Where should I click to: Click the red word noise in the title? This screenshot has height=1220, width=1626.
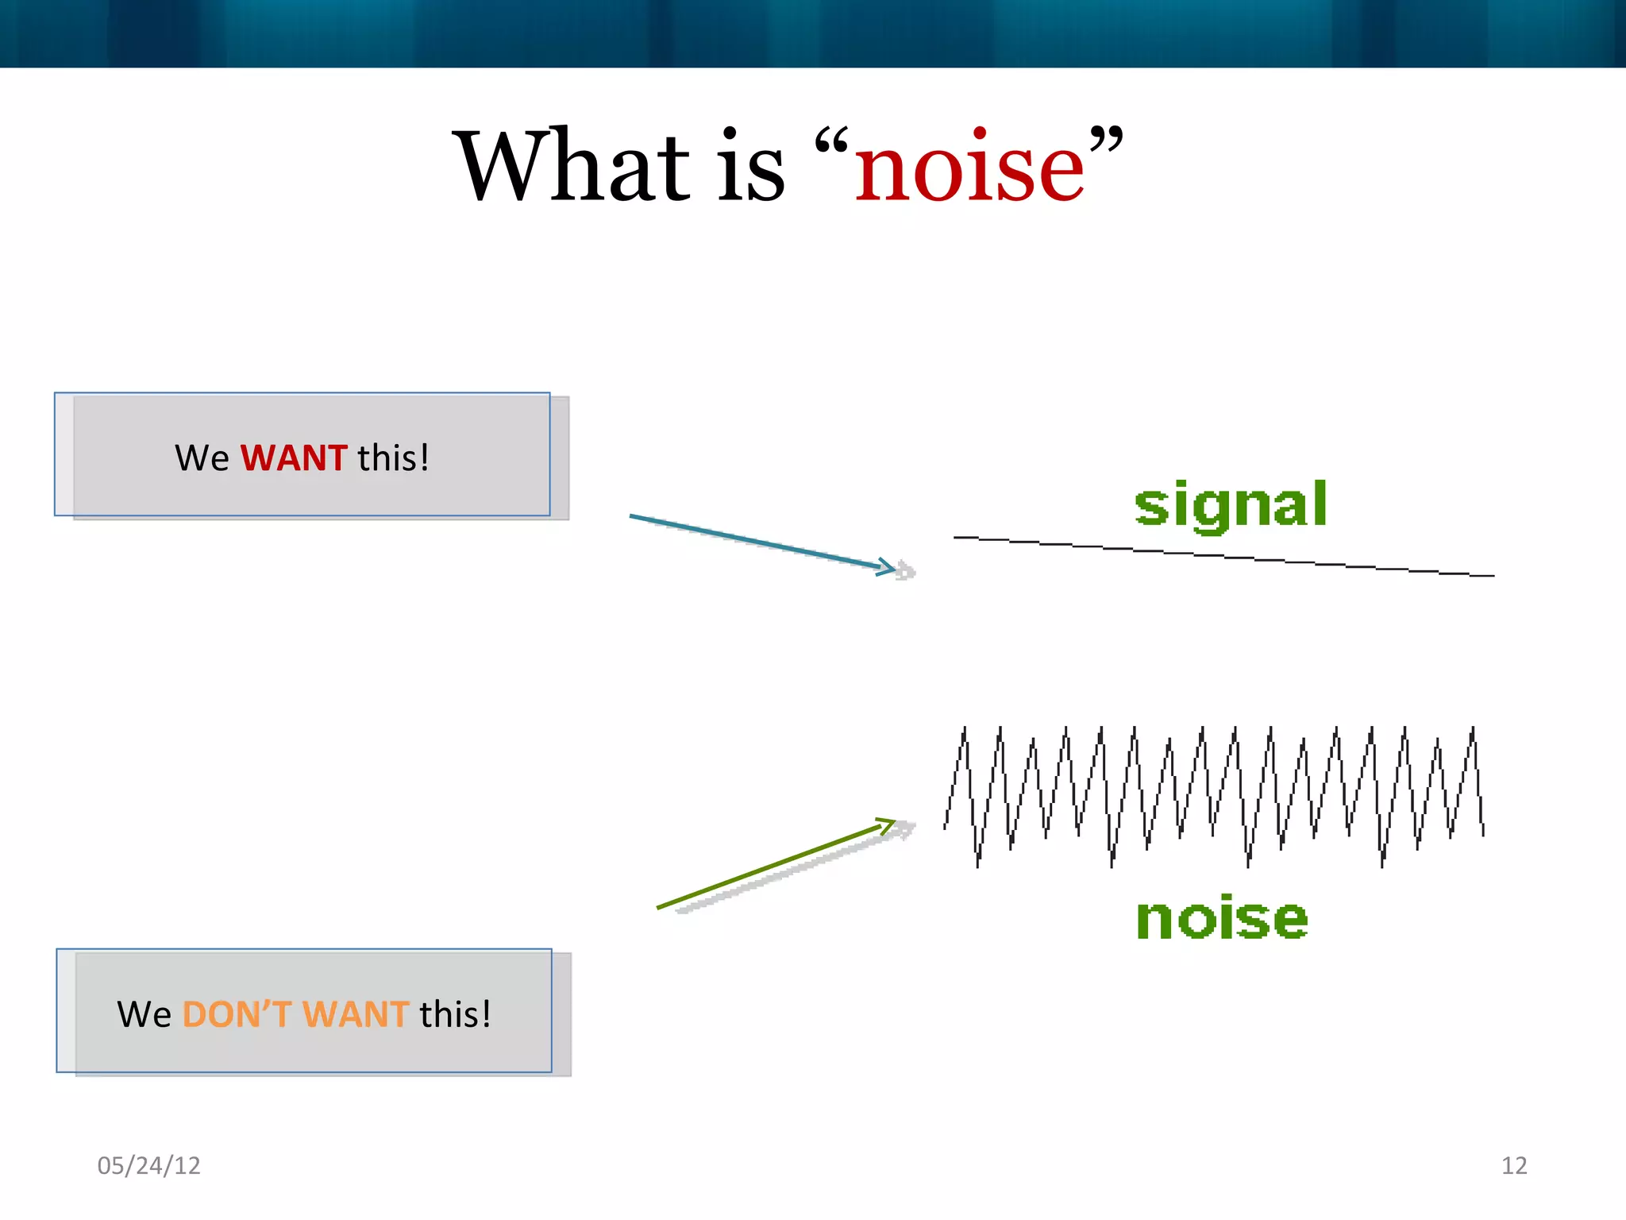pyautogui.click(x=969, y=169)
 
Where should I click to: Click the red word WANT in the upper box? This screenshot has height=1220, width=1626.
pyautogui.click(x=294, y=458)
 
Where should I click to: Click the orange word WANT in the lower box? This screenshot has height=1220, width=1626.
pyautogui.click(x=355, y=1014)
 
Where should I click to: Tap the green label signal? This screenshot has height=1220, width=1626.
pyautogui.click(x=1230, y=506)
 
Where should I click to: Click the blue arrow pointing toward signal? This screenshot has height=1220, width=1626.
pyautogui.click(x=754, y=541)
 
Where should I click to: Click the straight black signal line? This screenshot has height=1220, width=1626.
pyautogui.click(x=1223, y=557)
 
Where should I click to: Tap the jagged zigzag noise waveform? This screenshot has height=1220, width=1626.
pyautogui.click(x=1215, y=794)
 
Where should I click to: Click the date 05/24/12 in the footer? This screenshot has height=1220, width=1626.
pyautogui.click(x=148, y=1165)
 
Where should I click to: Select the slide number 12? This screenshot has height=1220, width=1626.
pyautogui.click(x=1513, y=1165)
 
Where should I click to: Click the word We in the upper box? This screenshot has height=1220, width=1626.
pyautogui.click(x=202, y=458)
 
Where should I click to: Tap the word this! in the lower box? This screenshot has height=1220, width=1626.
pyautogui.click(x=455, y=1014)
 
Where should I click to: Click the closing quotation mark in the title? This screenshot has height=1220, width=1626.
pyautogui.click(x=1106, y=139)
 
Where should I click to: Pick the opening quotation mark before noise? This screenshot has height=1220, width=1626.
pyautogui.click(x=832, y=141)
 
